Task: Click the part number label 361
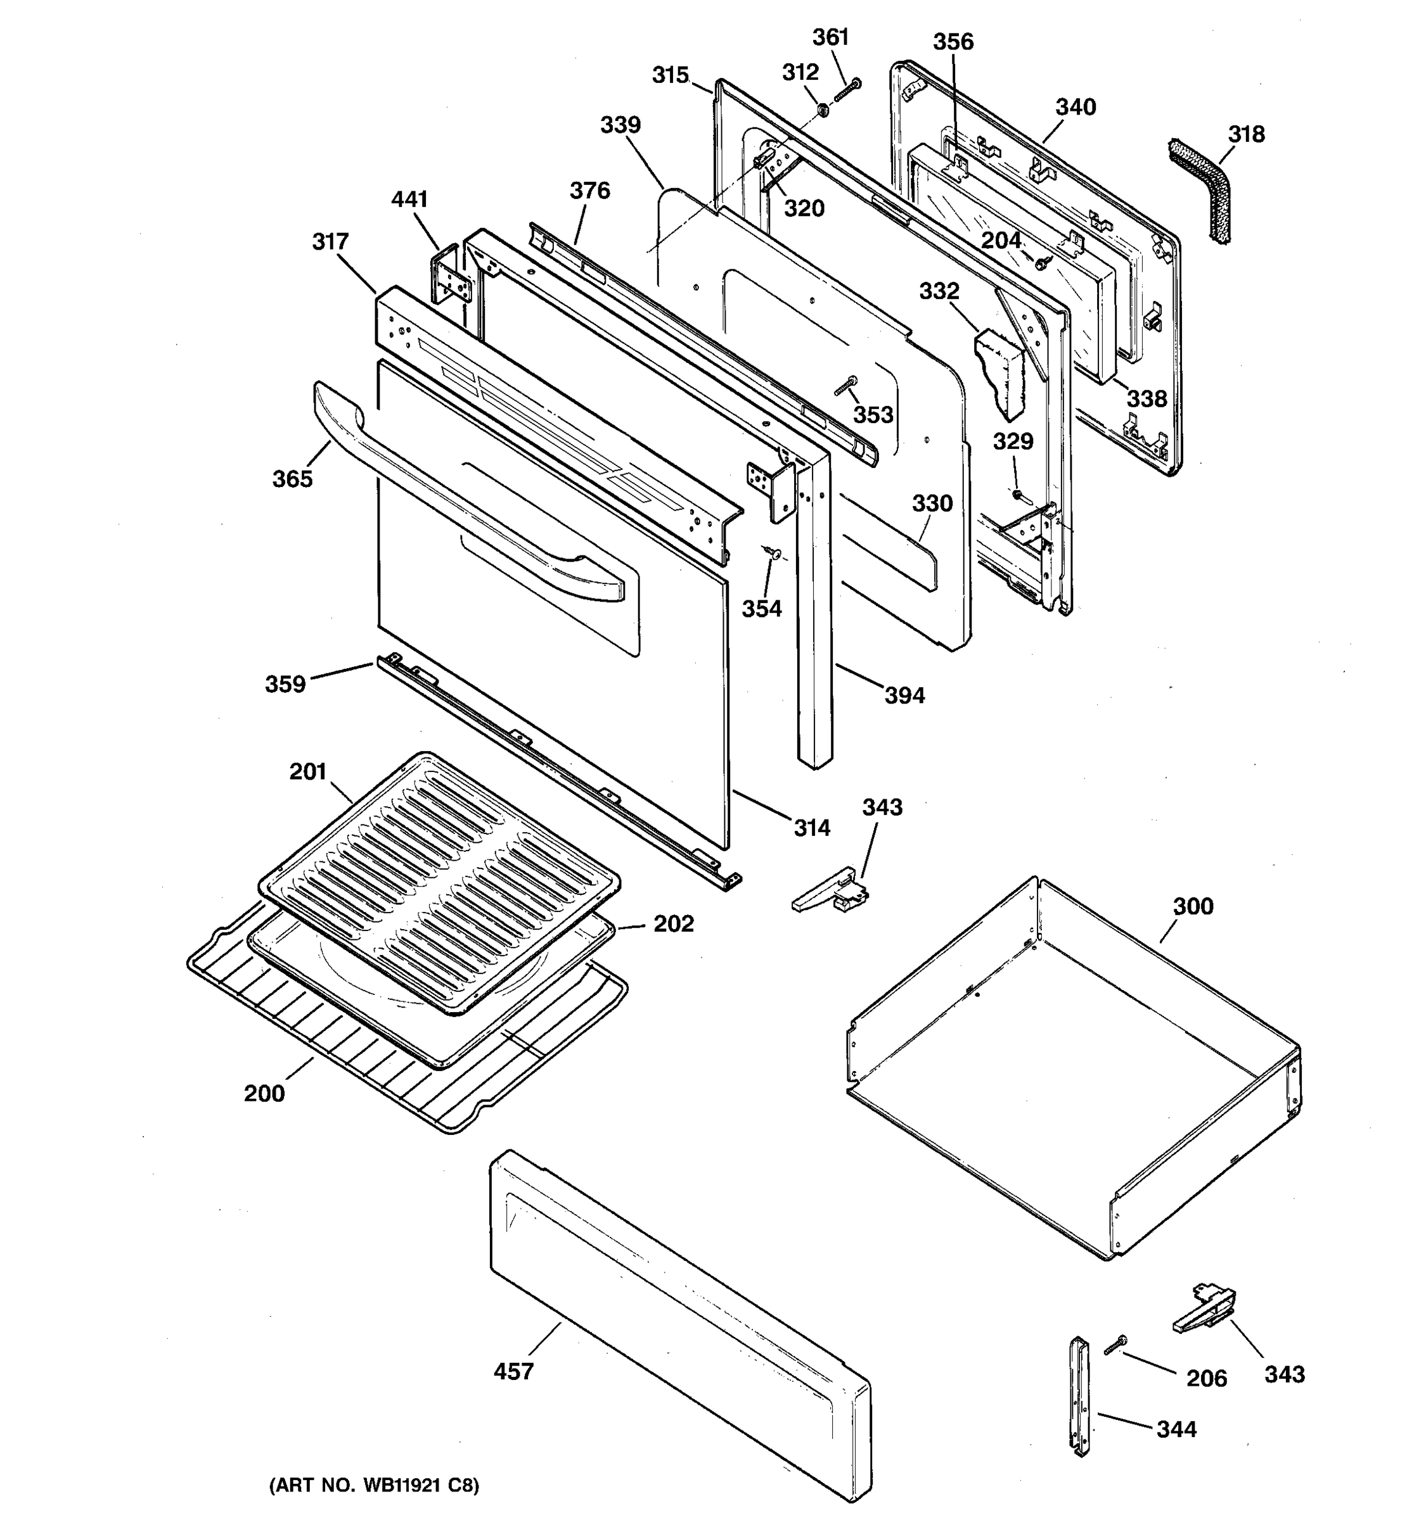click(x=830, y=37)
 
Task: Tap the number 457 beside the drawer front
click(x=513, y=1372)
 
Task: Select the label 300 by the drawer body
click(x=1193, y=906)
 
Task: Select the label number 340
click(x=1076, y=107)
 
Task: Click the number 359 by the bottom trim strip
click(x=285, y=683)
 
